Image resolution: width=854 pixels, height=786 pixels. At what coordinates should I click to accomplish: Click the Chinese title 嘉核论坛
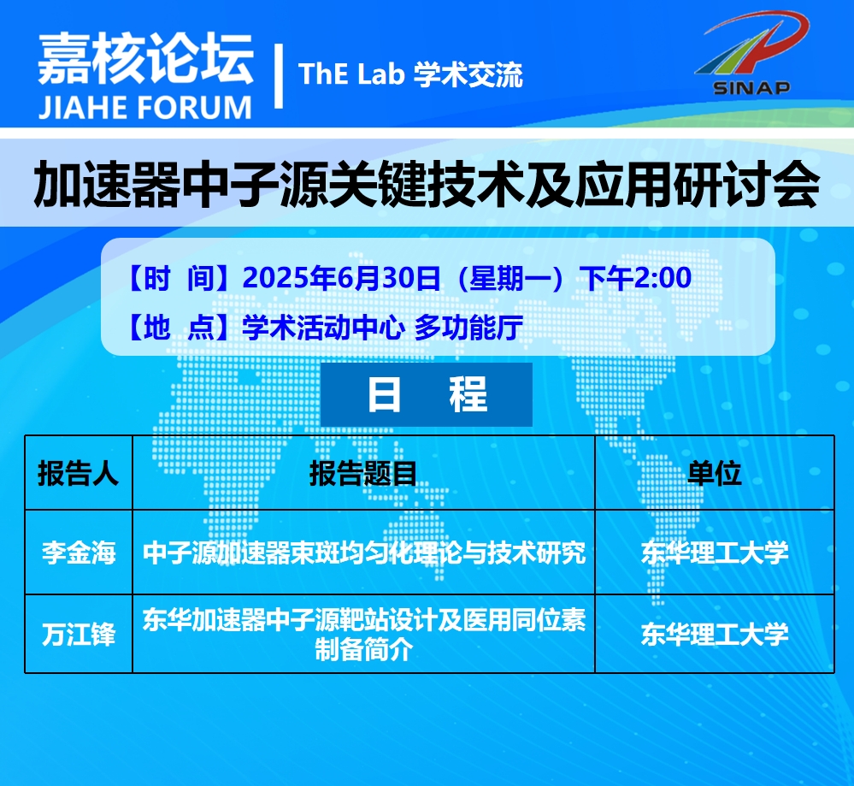click(146, 58)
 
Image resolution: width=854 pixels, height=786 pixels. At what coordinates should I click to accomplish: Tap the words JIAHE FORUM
click(144, 108)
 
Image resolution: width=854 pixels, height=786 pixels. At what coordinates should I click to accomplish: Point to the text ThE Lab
click(351, 74)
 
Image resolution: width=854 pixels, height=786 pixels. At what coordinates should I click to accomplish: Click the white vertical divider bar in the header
click(279, 76)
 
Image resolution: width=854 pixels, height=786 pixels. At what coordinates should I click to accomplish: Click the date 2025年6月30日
click(341, 278)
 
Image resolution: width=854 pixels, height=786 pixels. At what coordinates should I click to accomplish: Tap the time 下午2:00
click(635, 278)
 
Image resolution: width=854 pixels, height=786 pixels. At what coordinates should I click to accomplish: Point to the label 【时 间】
click(179, 279)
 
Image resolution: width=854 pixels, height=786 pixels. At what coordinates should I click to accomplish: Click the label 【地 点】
click(179, 328)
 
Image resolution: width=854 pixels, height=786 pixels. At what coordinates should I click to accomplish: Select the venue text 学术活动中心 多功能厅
click(382, 328)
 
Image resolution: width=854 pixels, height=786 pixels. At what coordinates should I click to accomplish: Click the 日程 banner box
click(427, 394)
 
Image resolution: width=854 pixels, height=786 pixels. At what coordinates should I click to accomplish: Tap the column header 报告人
click(78, 473)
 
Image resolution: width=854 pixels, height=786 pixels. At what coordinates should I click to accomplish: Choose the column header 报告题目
click(363, 473)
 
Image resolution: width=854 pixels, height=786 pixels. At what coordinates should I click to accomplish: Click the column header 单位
click(714, 473)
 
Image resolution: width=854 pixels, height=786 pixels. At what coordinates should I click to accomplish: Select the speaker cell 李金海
click(79, 553)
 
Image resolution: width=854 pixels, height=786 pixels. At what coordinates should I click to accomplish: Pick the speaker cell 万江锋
click(79, 635)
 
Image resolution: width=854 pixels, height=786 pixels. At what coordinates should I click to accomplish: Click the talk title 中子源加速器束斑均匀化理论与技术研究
click(364, 553)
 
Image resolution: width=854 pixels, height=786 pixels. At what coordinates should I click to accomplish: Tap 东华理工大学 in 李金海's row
click(715, 553)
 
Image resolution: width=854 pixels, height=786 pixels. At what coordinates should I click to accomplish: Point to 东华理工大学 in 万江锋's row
click(715, 634)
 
